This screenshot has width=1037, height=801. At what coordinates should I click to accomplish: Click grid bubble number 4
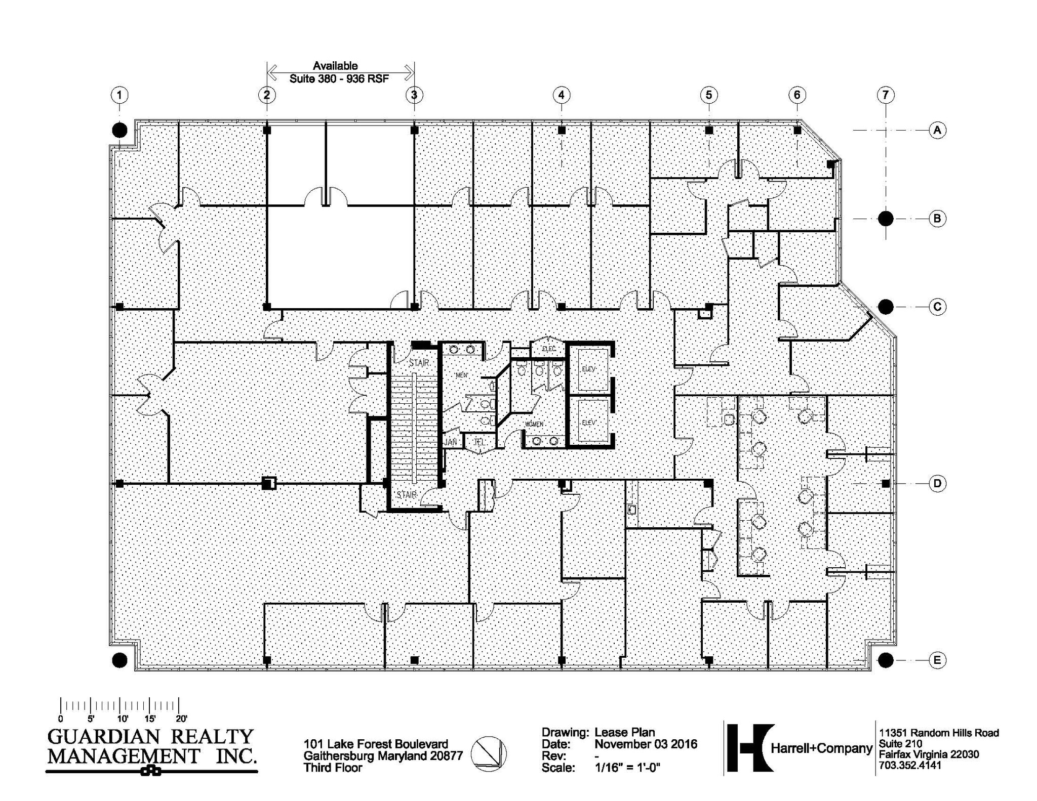[x=561, y=95]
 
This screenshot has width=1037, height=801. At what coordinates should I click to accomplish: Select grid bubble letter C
[x=937, y=307]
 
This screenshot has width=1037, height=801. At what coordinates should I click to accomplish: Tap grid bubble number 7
[x=885, y=95]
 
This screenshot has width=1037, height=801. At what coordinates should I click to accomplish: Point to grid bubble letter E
[x=937, y=660]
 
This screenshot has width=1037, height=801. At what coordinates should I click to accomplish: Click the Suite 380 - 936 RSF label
[x=339, y=79]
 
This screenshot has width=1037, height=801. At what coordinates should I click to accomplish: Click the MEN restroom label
[x=461, y=375]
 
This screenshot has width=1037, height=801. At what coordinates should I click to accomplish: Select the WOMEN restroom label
[x=534, y=424]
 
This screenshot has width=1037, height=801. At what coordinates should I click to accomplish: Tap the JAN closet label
[x=450, y=442]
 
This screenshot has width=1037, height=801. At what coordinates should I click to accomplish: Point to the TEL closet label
[x=479, y=442]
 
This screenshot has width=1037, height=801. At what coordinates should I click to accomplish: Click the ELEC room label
[x=548, y=349]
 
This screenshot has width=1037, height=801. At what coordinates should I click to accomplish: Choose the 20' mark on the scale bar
[x=181, y=719]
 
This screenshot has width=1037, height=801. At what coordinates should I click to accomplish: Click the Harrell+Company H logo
[x=750, y=748]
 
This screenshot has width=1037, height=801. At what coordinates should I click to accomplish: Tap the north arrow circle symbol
[x=488, y=753]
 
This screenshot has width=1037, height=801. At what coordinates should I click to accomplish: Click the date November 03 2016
[x=646, y=744]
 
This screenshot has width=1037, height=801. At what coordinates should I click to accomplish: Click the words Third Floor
[x=333, y=768]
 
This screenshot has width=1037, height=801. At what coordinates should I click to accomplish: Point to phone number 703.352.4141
[x=910, y=765]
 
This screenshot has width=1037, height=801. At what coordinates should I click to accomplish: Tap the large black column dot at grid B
[x=885, y=219]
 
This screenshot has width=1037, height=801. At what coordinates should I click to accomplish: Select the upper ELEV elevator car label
[x=588, y=369]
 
